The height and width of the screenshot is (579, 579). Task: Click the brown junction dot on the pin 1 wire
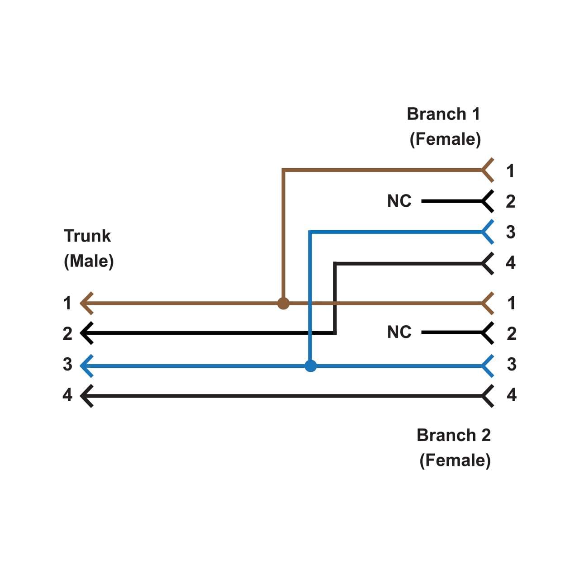[283, 303]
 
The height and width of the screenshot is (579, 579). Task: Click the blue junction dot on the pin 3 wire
[310, 365]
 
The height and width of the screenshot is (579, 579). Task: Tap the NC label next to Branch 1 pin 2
[399, 201]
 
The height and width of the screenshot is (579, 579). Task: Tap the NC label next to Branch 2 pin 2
[399, 332]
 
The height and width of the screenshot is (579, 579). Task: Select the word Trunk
[87, 236]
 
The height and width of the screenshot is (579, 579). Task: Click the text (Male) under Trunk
[89, 261]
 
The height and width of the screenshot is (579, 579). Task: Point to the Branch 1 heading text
[443, 114]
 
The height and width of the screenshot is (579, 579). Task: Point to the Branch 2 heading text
[453, 435]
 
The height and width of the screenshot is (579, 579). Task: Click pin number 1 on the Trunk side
[67, 303]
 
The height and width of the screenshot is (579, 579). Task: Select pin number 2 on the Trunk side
[67, 333]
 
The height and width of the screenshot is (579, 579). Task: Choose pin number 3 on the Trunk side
[67, 364]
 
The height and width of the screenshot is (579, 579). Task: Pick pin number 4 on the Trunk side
[67, 395]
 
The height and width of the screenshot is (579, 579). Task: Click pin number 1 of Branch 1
[510, 171]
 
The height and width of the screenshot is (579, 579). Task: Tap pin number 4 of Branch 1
[510, 262]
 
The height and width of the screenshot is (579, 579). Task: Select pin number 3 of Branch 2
[511, 364]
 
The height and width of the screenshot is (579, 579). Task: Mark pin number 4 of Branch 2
[511, 395]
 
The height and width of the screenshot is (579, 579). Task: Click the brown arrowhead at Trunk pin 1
[86, 303]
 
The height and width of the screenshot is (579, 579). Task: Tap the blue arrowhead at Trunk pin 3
[86, 365]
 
